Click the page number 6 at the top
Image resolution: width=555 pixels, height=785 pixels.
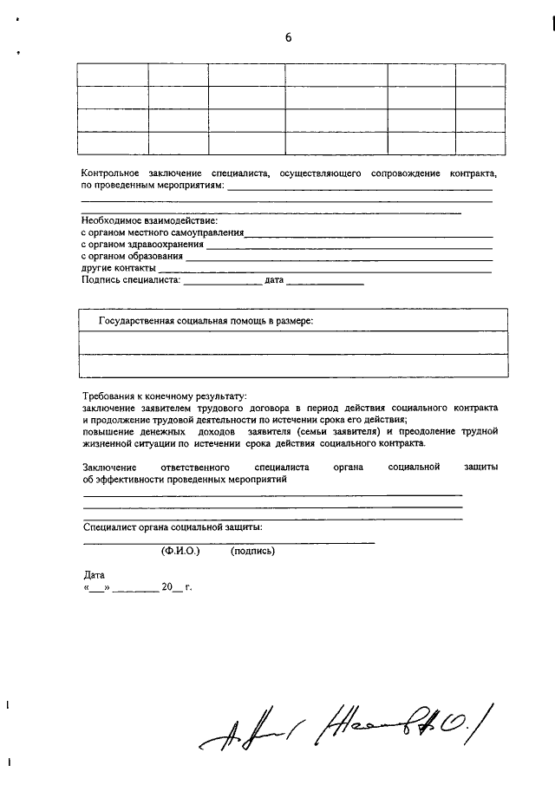click(289, 36)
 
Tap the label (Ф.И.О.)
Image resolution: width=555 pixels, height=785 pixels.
click(180, 551)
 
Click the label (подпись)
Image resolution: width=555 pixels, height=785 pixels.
click(252, 551)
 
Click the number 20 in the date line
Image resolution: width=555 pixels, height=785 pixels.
click(167, 587)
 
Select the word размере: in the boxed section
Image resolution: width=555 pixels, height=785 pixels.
click(292, 321)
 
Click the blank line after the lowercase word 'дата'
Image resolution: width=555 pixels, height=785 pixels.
click(324, 282)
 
